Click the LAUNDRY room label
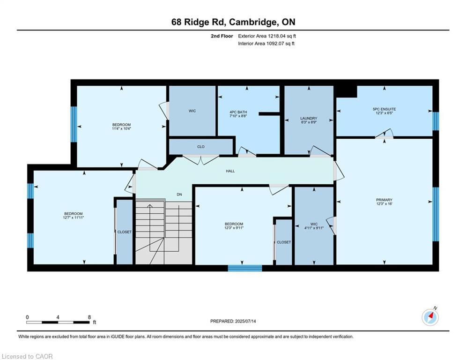tap(309, 118)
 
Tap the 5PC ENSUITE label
tap(384, 109)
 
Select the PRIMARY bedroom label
tap(384, 200)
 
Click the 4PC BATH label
tap(238, 112)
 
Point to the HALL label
tap(230, 171)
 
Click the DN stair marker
tap(179, 195)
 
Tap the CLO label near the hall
tap(201, 147)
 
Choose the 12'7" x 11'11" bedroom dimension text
tap(73, 218)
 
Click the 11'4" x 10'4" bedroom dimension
tap(121, 129)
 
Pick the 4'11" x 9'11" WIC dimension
tap(314, 228)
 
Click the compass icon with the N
tap(430, 317)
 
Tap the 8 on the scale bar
tap(89, 317)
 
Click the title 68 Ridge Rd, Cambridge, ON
tap(233, 22)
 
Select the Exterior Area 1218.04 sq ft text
tap(267, 36)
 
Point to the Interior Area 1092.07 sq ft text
tap(266, 44)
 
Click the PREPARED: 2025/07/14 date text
tap(233, 321)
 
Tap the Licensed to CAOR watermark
tap(27, 356)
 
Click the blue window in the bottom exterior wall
tap(245, 268)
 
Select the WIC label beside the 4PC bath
tap(192, 111)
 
